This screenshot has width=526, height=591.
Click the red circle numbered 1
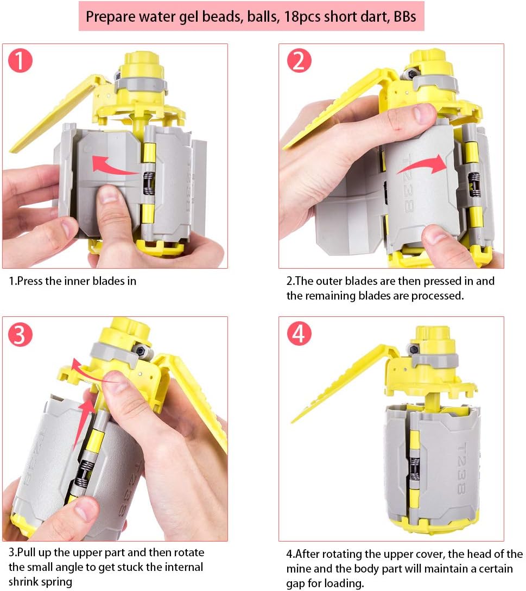click(21, 61)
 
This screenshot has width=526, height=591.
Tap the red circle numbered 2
click(299, 61)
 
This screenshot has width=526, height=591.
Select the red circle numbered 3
click(21, 334)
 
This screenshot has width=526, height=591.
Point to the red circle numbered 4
click(299, 334)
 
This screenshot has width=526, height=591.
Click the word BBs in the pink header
click(404, 17)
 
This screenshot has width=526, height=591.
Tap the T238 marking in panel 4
click(462, 468)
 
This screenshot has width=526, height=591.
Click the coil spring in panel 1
click(149, 183)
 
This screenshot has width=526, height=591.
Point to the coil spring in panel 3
click(85, 474)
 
